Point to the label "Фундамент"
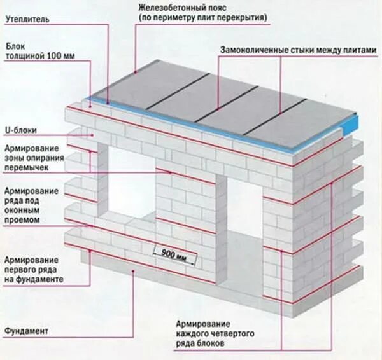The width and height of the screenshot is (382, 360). point(26,331)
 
